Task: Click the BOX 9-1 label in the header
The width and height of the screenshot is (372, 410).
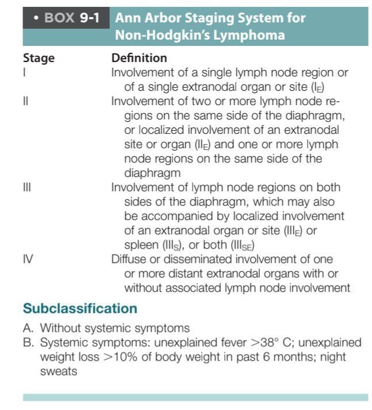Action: click(64, 17)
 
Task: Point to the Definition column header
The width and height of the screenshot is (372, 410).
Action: click(139, 59)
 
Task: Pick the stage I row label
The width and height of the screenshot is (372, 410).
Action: click(24, 74)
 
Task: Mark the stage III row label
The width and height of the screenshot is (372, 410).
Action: click(26, 188)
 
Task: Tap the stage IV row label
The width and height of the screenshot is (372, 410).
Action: click(28, 259)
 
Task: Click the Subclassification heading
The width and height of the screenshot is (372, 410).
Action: click(80, 309)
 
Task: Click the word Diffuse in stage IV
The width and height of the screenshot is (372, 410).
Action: click(129, 259)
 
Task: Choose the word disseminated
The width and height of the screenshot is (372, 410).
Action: click(198, 259)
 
